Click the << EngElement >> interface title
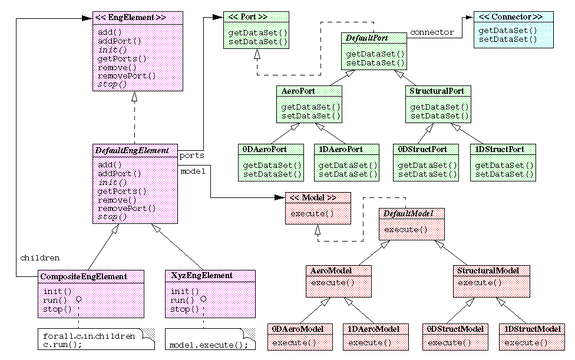coord(130,18)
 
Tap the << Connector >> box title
coord(510,17)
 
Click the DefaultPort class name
coord(366,38)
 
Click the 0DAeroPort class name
coord(263,150)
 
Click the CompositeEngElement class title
coord(83,276)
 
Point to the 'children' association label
coord(40,257)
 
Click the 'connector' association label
coord(432,32)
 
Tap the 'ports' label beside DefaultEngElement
coord(191,156)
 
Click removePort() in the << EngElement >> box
coord(127,75)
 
